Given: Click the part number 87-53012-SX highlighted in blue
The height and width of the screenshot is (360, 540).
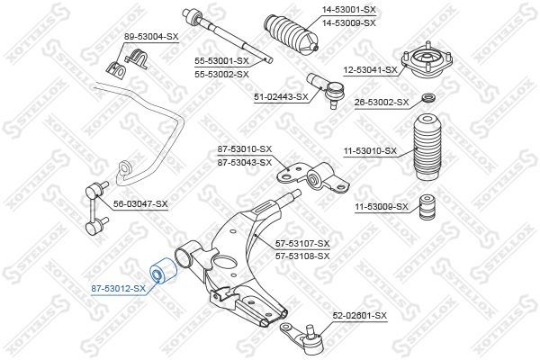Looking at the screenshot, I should point(118,289).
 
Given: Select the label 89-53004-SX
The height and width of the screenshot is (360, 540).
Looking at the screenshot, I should point(151,36).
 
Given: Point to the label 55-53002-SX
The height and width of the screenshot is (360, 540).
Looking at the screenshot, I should point(221,74).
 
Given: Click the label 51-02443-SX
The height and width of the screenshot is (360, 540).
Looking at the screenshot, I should point(281,96).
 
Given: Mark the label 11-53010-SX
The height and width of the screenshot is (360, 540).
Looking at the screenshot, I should point(370,150).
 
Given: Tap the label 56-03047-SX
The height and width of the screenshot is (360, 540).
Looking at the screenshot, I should point(140,204).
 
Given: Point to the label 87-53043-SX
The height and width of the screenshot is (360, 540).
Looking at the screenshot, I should point(245,163).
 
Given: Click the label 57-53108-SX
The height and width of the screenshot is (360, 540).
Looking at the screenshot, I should point(302,256).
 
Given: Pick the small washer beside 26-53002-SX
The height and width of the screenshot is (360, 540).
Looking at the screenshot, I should point(430,99).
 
